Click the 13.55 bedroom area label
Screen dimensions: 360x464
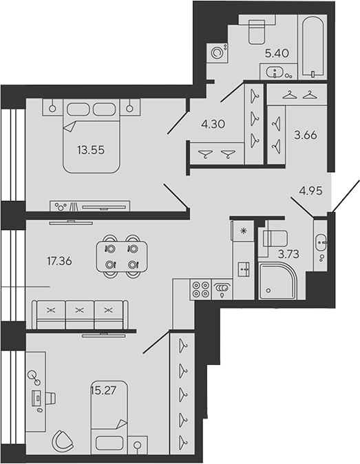coord(91,150)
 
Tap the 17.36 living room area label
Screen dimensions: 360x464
coord(59,261)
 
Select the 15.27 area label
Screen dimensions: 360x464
coord(103,390)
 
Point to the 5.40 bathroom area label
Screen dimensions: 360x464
coord(277,53)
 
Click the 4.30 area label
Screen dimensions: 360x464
coord(213,124)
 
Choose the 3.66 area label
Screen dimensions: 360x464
coord(305,135)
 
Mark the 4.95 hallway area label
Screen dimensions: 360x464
coord(310,191)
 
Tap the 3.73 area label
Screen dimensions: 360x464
coord(288,254)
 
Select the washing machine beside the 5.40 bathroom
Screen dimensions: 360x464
coord(217,53)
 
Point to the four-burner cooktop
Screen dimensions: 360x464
coord(200,289)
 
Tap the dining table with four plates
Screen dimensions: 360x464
coord(122,256)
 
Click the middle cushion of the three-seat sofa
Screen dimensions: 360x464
coord(80,315)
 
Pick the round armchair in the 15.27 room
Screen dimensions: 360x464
coord(61,440)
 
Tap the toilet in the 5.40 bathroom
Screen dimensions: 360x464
coord(257,32)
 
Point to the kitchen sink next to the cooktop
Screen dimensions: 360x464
coord(222,289)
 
